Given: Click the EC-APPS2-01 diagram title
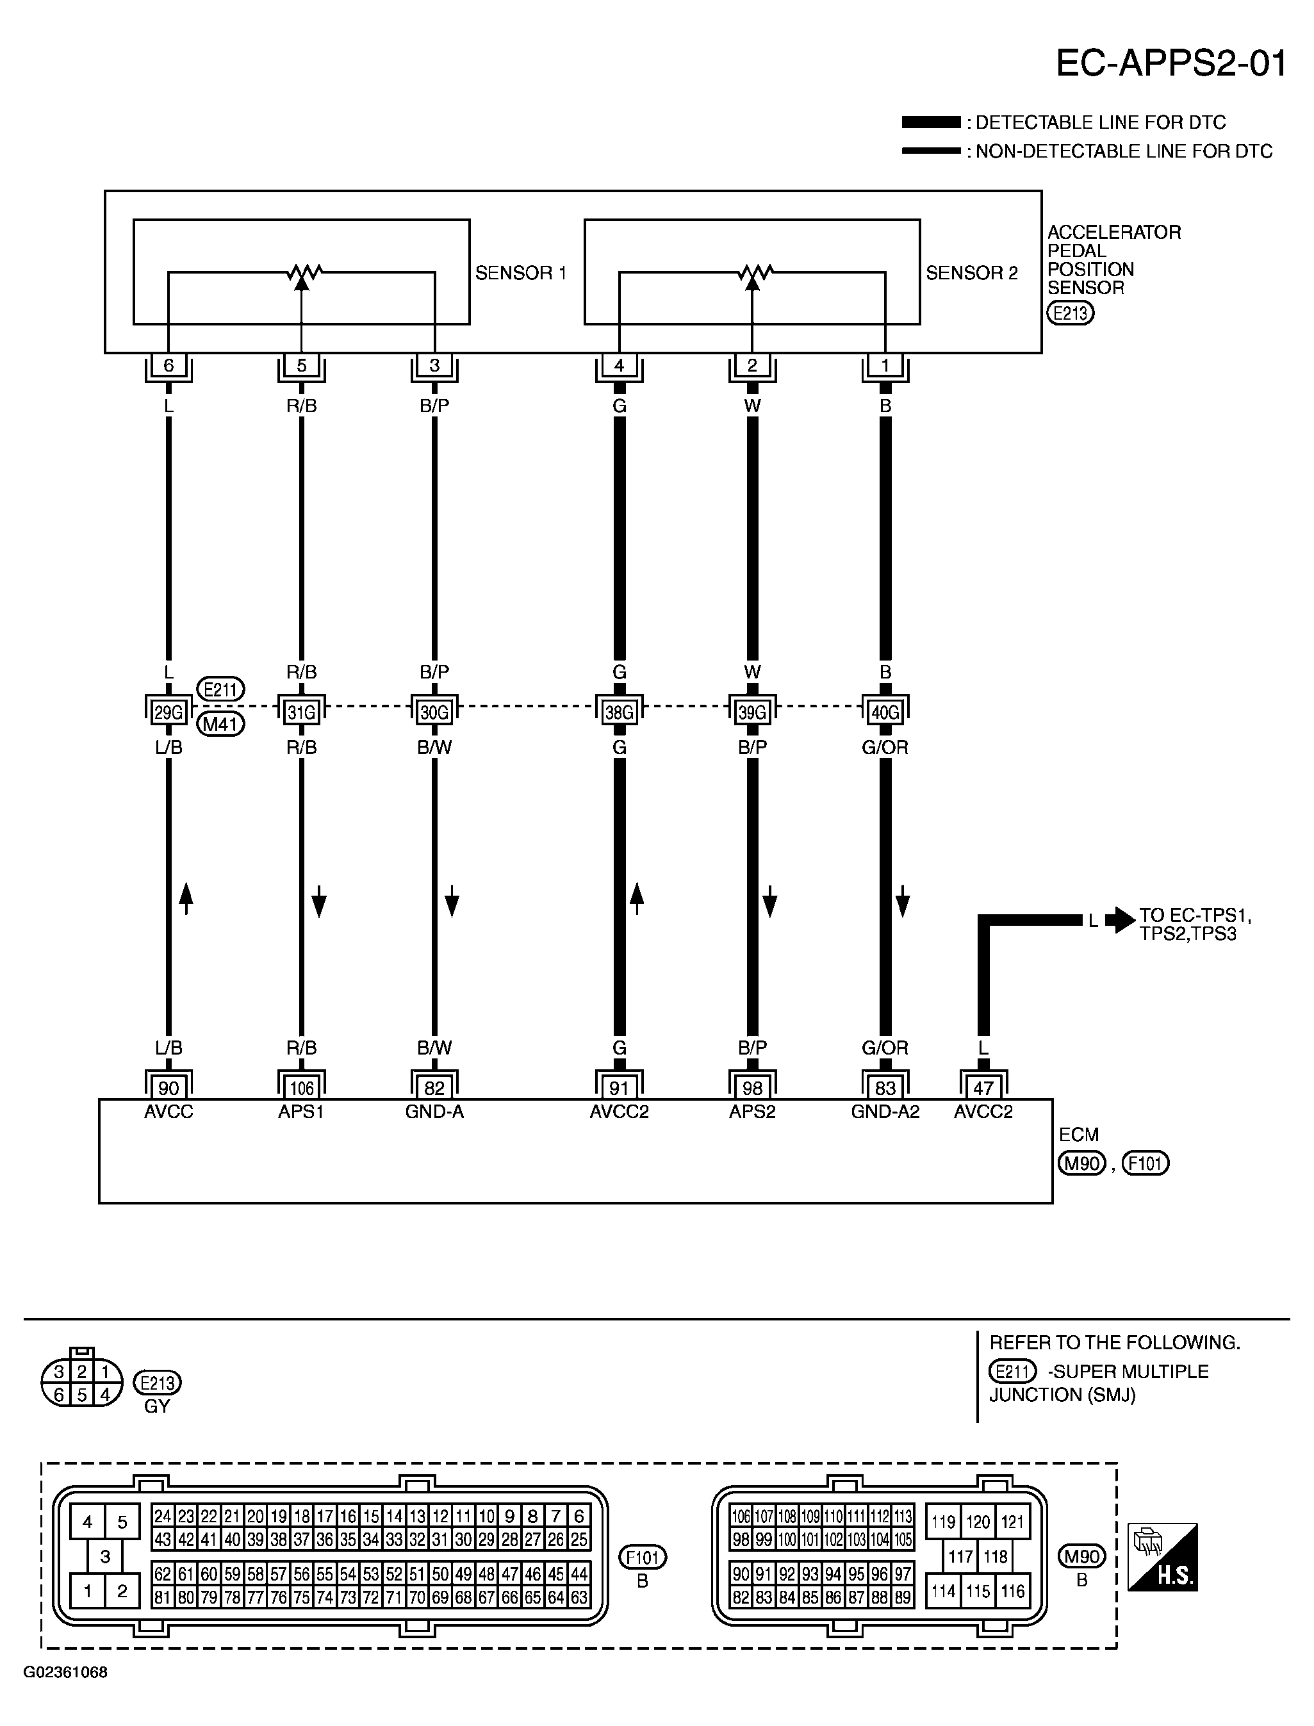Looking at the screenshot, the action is tap(1171, 63).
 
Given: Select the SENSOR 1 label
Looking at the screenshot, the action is tap(520, 273).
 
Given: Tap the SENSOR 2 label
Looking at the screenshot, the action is tap(971, 273).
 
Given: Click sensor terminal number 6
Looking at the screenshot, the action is tap(168, 365).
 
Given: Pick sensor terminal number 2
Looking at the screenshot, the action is tap(751, 365).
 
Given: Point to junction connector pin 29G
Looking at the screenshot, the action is tap(168, 712).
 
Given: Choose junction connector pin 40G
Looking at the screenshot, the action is tap(885, 712).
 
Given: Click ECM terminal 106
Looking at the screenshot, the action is tap(301, 1087).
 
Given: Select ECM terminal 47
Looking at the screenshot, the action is tap(983, 1087).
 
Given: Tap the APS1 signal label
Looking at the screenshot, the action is tap(301, 1112).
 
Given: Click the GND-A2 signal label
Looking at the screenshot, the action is tap(885, 1112).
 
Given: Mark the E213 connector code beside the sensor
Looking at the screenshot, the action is tap(1070, 313).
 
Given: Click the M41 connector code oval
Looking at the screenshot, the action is tap(220, 724).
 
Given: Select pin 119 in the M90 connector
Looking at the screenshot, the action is tap(943, 1522).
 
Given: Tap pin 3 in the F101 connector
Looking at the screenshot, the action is tap(105, 1556).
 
